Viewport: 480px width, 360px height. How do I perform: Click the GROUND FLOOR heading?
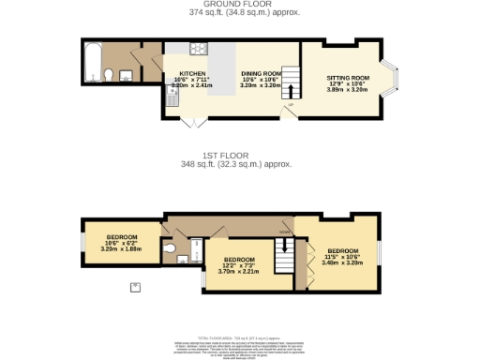point(239,5)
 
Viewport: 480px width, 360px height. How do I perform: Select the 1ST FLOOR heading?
point(239,155)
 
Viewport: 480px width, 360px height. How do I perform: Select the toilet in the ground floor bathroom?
point(110,75)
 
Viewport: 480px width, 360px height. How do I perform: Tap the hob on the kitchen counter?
point(199,51)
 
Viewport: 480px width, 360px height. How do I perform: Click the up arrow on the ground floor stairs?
point(290,91)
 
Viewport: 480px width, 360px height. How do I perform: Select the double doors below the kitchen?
point(195,122)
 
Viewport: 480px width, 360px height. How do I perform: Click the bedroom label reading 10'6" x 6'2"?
point(121,241)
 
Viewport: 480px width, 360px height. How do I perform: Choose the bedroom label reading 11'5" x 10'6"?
point(341,256)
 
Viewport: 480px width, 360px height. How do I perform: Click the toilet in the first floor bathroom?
point(170,248)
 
